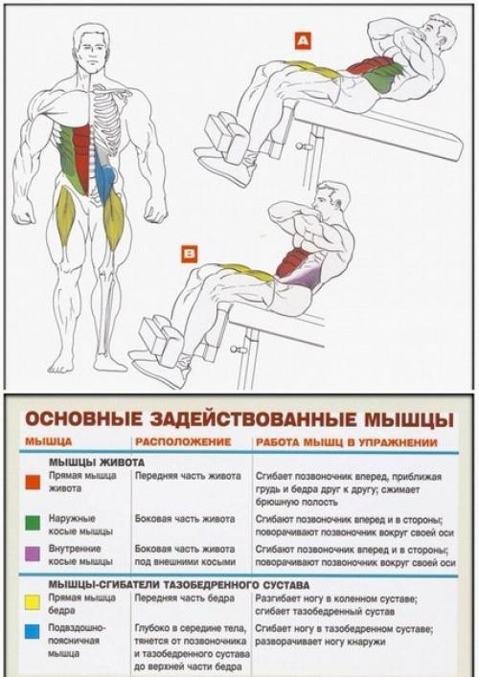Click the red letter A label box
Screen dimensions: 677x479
tap(303, 41)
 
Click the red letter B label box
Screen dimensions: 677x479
tap(191, 254)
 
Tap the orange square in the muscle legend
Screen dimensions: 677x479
tap(32, 483)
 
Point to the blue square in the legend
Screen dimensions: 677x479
tap(32, 633)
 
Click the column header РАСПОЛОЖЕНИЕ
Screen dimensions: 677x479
tap(183, 442)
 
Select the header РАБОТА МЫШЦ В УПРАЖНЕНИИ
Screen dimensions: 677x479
tap(346, 442)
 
